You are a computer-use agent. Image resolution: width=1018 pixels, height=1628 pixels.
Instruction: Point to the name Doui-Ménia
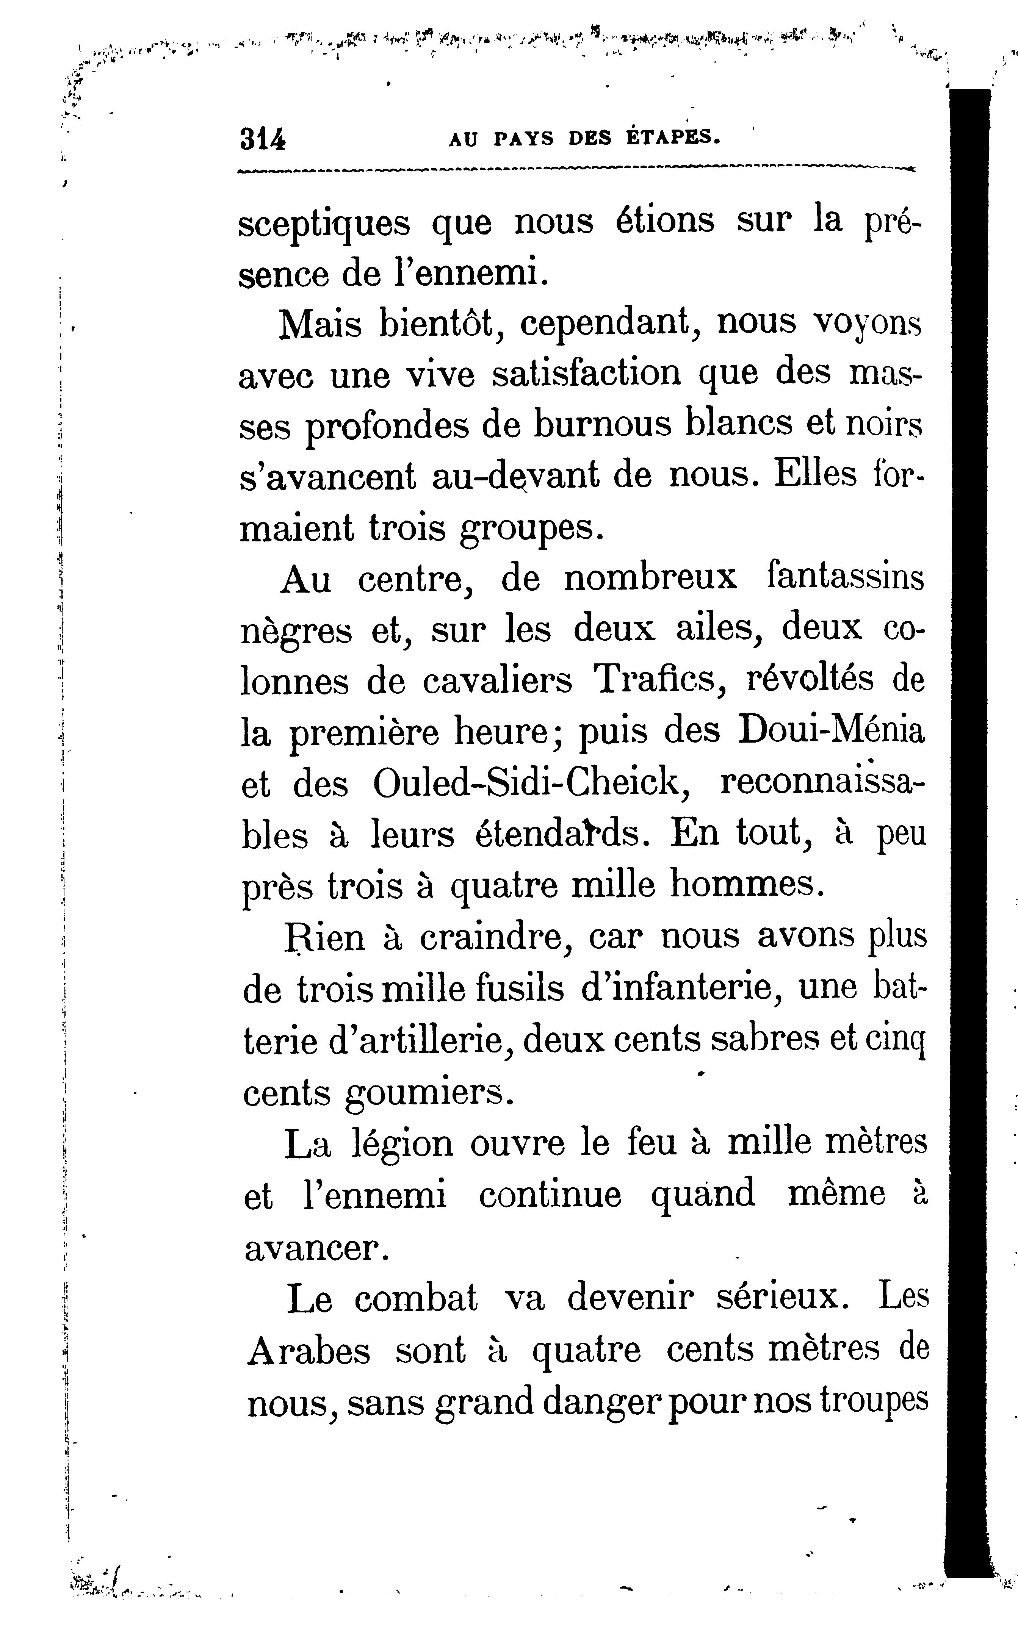tap(832, 732)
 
